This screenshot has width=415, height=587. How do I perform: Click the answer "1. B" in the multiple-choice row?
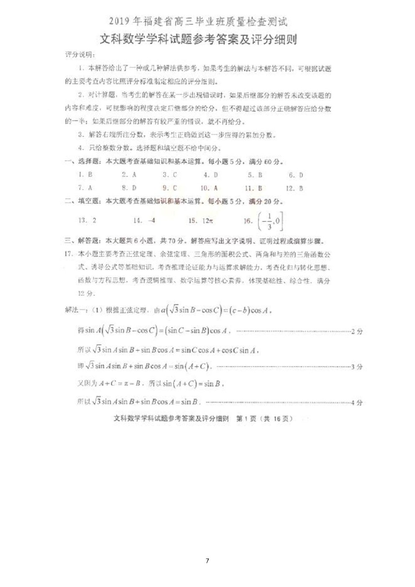pyautogui.click(x=85, y=175)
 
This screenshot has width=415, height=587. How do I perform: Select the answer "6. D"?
pyautogui.click(x=296, y=175)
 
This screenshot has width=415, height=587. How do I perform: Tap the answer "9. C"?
pyautogui.click(x=169, y=188)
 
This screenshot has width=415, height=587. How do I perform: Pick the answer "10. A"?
pyautogui.click(x=209, y=188)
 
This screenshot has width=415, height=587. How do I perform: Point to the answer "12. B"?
pyautogui.click(x=294, y=188)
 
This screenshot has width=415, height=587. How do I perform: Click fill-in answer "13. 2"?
pyautogui.click(x=87, y=220)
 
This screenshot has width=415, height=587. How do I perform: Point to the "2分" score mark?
pyautogui.click(x=357, y=332)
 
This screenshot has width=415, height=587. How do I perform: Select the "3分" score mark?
pyautogui.click(x=357, y=367)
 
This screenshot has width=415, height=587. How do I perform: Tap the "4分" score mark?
pyautogui.click(x=357, y=403)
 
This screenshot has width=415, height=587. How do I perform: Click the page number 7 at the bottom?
pyautogui.click(x=207, y=561)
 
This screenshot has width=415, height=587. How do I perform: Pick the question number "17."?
pyautogui.click(x=69, y=254)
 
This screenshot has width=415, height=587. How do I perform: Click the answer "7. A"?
pyautogui.click(x=85, y=188)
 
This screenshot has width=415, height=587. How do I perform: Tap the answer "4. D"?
pyautogui.click(x=210, y=175)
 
